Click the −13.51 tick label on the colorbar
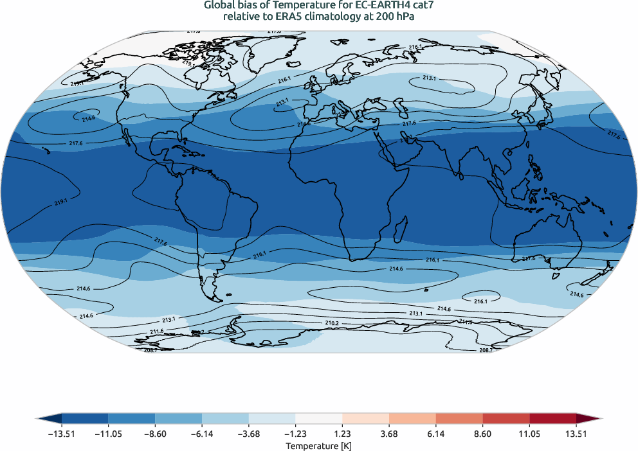[62, 434]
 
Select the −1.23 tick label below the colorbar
[296, 434]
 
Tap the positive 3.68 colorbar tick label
[389, 434]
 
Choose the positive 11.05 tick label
[529, 434]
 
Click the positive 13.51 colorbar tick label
[576, 434]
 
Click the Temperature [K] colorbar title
[319, 446]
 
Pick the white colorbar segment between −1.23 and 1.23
[319, 418]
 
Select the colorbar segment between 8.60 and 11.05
[506, 418]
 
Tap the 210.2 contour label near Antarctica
[332, 323]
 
